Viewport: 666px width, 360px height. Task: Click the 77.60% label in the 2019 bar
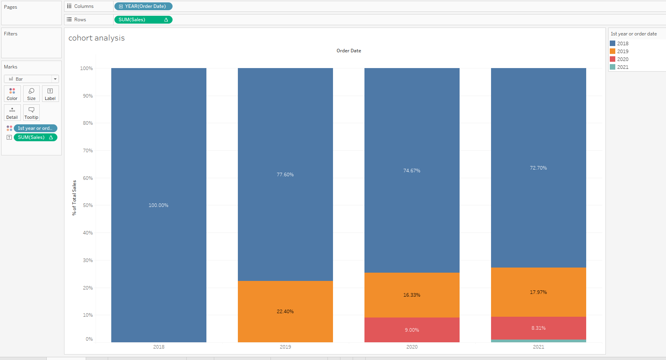(285, 175)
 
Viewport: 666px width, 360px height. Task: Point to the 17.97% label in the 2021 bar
(538, 292)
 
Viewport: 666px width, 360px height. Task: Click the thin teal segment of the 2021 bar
(538, 341)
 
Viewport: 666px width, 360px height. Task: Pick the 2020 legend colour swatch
(613, 59)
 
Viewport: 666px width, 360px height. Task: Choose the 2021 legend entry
(622, 67)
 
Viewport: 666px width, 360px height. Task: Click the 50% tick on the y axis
(88, 205)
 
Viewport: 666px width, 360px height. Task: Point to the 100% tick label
(86, 68)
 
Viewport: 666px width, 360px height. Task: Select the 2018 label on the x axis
(159, 347)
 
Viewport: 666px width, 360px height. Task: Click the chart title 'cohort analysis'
(96, 38)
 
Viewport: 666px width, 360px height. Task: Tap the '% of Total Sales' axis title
(74, 198)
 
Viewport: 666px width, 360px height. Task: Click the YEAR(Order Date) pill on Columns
(143, 6)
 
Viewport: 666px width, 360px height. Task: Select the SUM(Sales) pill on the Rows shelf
(143, 20)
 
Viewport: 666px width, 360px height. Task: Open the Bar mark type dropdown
(31, 79)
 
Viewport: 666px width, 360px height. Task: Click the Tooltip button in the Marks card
(31, 113)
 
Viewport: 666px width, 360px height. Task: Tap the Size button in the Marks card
(31, 94)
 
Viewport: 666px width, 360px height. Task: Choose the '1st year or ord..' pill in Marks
(35, 128)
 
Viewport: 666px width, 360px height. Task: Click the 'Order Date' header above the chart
(349, 51)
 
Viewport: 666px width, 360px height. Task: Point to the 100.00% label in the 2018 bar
(158, 205)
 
